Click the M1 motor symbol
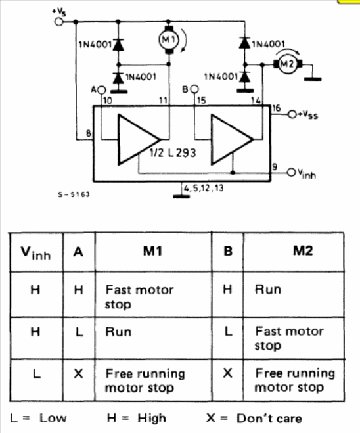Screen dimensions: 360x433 [x=169, y=40]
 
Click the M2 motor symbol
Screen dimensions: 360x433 [x=287, y=64]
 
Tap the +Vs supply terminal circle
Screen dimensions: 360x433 [x=59, y=22]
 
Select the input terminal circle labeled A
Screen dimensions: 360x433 [x=102, y=90]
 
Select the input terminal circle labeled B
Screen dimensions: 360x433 [x=194, y=89]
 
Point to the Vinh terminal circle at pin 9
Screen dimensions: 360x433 [x=291, y=172]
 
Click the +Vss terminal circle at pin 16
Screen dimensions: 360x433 [x=292, y=114]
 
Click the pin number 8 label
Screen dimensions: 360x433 [x=88, y=133]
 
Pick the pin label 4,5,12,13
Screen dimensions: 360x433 [x=204, y=188]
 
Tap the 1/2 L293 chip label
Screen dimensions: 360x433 [x=173, y=152]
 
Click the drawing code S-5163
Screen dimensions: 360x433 [x=74, y=194]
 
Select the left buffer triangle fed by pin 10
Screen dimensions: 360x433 [x=139, y=139]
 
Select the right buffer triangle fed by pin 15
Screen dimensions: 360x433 [x=232, y=139]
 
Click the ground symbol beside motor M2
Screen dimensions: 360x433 [x=313, y=80]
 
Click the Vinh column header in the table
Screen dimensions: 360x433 [x=35, y=253]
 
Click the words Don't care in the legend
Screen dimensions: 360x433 [x=269, y=418]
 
